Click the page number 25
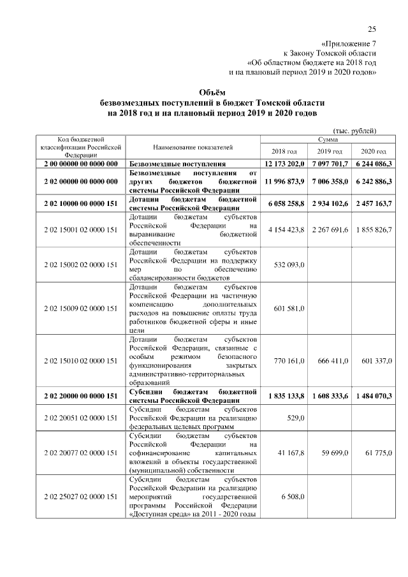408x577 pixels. point(372,29)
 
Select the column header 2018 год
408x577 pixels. point(284,151)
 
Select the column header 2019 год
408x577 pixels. point(330,151)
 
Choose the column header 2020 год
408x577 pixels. point(374,151)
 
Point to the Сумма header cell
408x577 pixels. point(328,139)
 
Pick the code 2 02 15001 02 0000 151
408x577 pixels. point(80,230)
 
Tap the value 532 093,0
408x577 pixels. point(289,265)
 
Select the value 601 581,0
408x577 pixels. point(289,309)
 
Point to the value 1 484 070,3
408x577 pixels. point(374,396)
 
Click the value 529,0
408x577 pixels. point(295,418)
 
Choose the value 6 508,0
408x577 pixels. point(292,496)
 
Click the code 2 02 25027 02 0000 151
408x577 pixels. point(80,496)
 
